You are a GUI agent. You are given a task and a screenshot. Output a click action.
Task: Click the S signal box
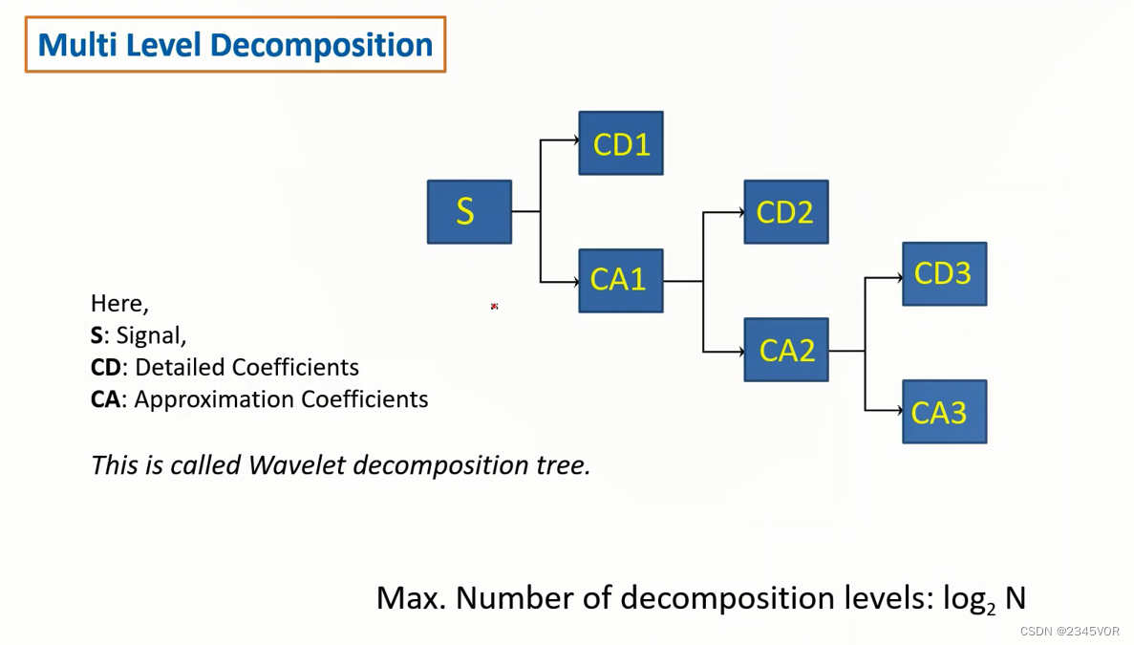click(x=469, y=211)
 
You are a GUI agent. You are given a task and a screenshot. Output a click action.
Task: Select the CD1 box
click(x=621, y=143)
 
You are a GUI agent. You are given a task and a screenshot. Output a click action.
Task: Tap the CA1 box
click(x=621, y=281)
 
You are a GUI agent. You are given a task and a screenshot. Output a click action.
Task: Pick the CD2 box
click(x=786, y=212)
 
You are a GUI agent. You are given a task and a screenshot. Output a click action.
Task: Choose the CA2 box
click(x=786, y=350)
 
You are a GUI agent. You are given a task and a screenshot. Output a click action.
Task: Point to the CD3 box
click(x=944, y=274)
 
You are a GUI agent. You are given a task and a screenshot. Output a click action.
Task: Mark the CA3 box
click(x=944, y=412)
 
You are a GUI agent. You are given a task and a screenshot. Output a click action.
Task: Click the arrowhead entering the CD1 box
click(x=575, y=140)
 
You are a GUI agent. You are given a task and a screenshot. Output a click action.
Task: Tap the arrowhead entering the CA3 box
click(x=899, y=411)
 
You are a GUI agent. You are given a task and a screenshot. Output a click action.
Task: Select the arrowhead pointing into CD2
click(x=740, y=212)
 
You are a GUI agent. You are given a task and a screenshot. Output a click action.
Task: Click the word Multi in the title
click(x=73, y=45)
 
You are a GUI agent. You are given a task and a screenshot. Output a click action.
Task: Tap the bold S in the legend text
click(x=96, y=335)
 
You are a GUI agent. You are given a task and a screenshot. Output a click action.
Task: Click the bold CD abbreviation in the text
click(x=106, y=368)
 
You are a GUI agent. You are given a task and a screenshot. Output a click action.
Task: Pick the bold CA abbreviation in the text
click(x=105, y=399)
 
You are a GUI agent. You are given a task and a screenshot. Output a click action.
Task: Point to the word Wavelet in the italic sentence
click(x=297, y=465)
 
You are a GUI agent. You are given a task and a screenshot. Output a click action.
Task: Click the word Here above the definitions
click(x=118, y=304)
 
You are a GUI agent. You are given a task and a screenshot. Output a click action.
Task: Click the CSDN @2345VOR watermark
click(x=1069, y=632)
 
